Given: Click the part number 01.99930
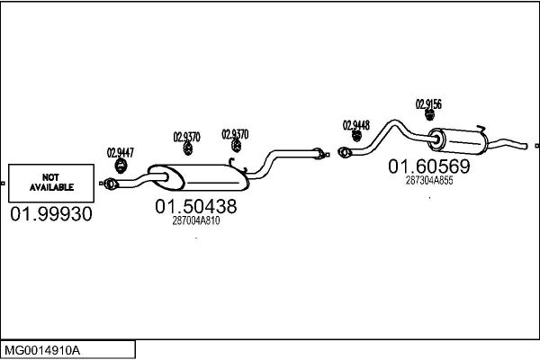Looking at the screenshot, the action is tap(51, 214).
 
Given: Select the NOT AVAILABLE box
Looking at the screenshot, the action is tap(51, 183).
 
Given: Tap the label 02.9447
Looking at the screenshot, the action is tap(121, 153).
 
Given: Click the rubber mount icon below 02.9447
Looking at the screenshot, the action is tap(121, 166).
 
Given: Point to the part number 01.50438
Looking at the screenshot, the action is tap(196, 206).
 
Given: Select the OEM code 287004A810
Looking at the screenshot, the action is tap(196, 220).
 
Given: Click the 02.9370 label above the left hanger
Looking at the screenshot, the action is tap(186, 137).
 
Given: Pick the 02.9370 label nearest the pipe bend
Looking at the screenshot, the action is tap(235, 134).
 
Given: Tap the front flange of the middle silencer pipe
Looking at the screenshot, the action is tap(110, 184).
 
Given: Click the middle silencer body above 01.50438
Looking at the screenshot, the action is tap(199, 177).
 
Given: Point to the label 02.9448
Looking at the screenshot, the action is tap(356, 125).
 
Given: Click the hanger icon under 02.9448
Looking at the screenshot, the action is tap(356, 136).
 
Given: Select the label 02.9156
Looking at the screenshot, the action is tap(428, 104).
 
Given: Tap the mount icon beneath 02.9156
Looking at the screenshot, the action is tap(429, 115).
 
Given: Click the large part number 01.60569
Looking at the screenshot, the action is tap(429, 166).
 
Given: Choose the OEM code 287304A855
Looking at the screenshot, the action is tap(429, 180).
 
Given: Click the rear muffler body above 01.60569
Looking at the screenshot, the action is tap(458, 141).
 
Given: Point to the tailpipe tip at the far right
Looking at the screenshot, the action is tap(525, 146).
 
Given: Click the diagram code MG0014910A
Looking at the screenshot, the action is tap(42, 351).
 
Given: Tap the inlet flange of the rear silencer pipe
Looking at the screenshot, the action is tap(345, 152).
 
